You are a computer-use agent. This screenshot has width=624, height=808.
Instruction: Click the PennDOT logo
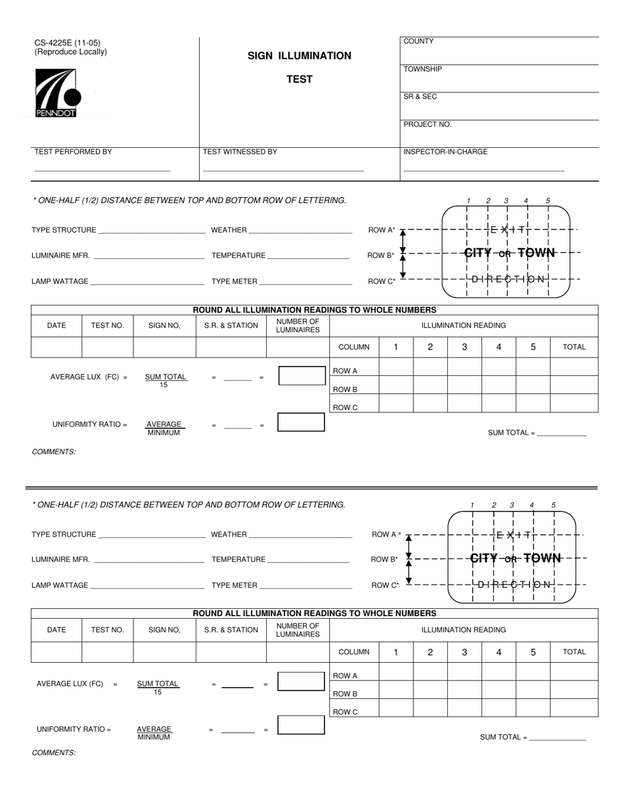click(57, 94)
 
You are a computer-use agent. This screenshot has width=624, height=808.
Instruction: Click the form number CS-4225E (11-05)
click(68, 43)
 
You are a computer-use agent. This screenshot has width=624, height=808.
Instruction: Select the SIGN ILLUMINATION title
click(299, 56)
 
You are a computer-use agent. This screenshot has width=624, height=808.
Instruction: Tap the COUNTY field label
click(418, 41)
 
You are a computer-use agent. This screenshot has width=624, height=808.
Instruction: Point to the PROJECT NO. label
click(427, 124)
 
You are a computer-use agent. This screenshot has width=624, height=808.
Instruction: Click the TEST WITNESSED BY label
click(240, 152)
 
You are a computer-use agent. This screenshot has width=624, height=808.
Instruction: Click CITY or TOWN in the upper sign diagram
click(510, 252)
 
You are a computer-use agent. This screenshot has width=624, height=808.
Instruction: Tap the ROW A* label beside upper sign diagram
click(382, 230)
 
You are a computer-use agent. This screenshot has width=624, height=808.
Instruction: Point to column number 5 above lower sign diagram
click(553, 505)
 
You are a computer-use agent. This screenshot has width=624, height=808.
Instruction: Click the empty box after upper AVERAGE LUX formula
click(301, 376)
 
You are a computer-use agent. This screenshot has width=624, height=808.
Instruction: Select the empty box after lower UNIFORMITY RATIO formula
click(301, 725)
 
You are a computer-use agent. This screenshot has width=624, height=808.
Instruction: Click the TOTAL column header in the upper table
click(573, 347)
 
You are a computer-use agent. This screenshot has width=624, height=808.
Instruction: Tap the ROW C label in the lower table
click(345, 711)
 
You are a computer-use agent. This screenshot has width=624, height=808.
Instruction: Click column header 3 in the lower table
click(464, 652)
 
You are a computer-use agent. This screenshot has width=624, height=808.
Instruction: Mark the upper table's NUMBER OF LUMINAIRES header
click(298, 325)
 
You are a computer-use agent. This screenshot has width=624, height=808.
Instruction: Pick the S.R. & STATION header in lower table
click(231, 629)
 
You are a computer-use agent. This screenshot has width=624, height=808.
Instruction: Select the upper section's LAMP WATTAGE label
click(60, 281)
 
